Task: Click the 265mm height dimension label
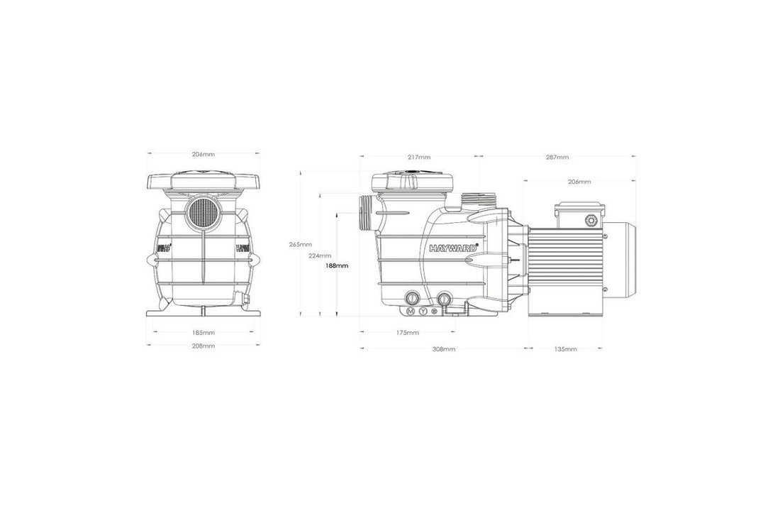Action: tap(299, 245)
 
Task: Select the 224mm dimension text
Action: tap(321, 255)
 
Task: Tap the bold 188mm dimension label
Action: tap(337, 266)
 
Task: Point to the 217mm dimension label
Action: tap(419, 157)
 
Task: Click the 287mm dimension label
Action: tap(557, 157)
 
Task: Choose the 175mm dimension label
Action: tap(407, 332)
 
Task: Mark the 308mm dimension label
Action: tap(444, 349)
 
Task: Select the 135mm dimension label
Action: tap(565, 349)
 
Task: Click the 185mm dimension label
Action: tap(204, 332)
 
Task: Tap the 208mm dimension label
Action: tap(204, 346)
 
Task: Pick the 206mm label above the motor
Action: tap(579, 182)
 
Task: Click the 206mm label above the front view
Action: tap(204, 154)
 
